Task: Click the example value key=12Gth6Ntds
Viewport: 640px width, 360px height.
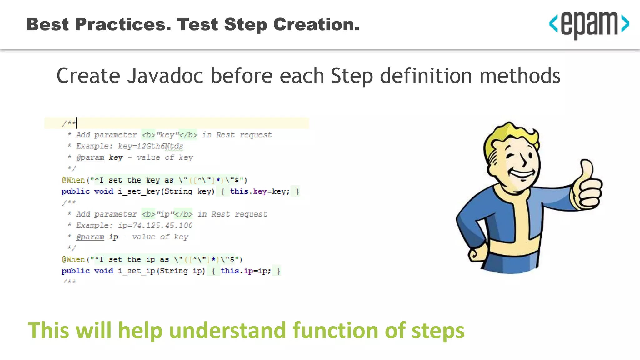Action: tap(150, 146)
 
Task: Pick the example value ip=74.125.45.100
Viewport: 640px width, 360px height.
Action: tap(155, 226)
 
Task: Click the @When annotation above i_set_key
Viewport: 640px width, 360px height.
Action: tap(73, 180)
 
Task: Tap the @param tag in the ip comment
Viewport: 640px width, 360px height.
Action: tap(90, 237)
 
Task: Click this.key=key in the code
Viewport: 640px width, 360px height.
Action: tap(260, 192)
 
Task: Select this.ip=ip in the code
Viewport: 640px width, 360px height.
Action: tap(246, 271)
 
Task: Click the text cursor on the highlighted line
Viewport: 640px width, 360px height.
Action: tap(77, 123)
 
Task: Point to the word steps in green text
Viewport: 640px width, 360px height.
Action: tap(438, 331)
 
